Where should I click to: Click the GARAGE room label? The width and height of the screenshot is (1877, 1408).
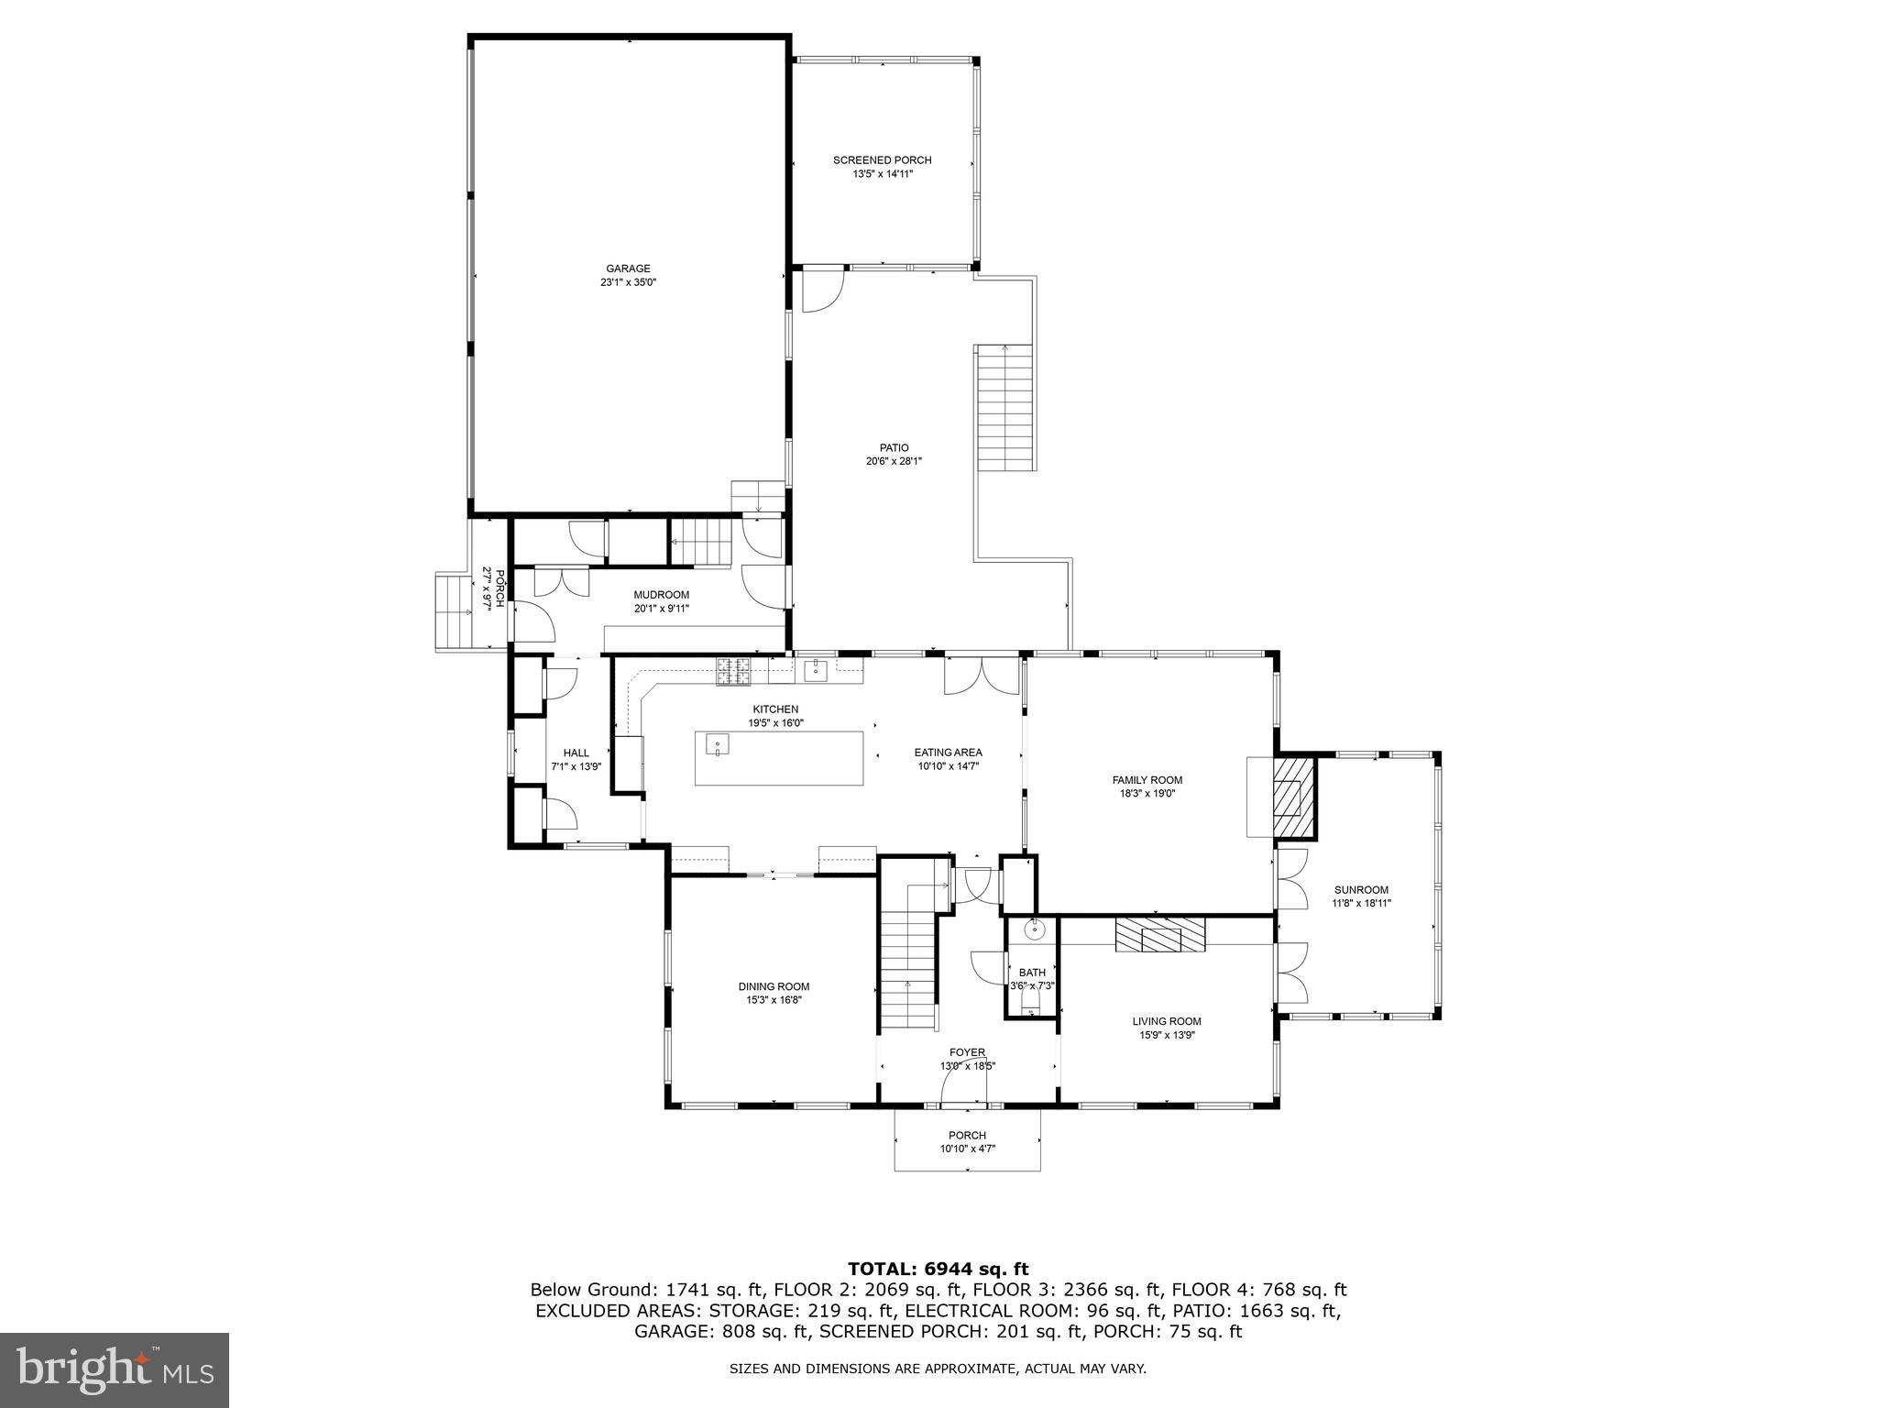628,269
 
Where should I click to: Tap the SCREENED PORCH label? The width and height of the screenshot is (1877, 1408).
882,160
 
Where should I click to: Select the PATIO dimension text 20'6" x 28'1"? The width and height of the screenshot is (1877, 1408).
893,462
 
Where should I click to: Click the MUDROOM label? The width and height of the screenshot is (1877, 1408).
661,595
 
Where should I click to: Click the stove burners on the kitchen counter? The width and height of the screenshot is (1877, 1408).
733,671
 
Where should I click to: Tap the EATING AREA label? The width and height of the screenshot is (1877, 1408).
948,753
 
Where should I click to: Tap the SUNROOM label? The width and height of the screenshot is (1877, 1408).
1361,889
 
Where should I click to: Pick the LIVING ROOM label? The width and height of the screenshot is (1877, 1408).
1166,1021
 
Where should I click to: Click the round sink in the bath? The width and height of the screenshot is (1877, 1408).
1034,929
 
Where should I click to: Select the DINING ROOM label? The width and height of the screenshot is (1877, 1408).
774,986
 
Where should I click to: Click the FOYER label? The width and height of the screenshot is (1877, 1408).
967,1052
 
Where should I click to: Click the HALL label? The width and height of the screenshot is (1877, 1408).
576,753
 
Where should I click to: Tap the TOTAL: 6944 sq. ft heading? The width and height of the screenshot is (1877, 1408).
938,1269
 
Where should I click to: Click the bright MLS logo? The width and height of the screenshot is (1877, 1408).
114,1369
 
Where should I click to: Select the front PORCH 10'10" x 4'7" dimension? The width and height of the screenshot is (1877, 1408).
967,1149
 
